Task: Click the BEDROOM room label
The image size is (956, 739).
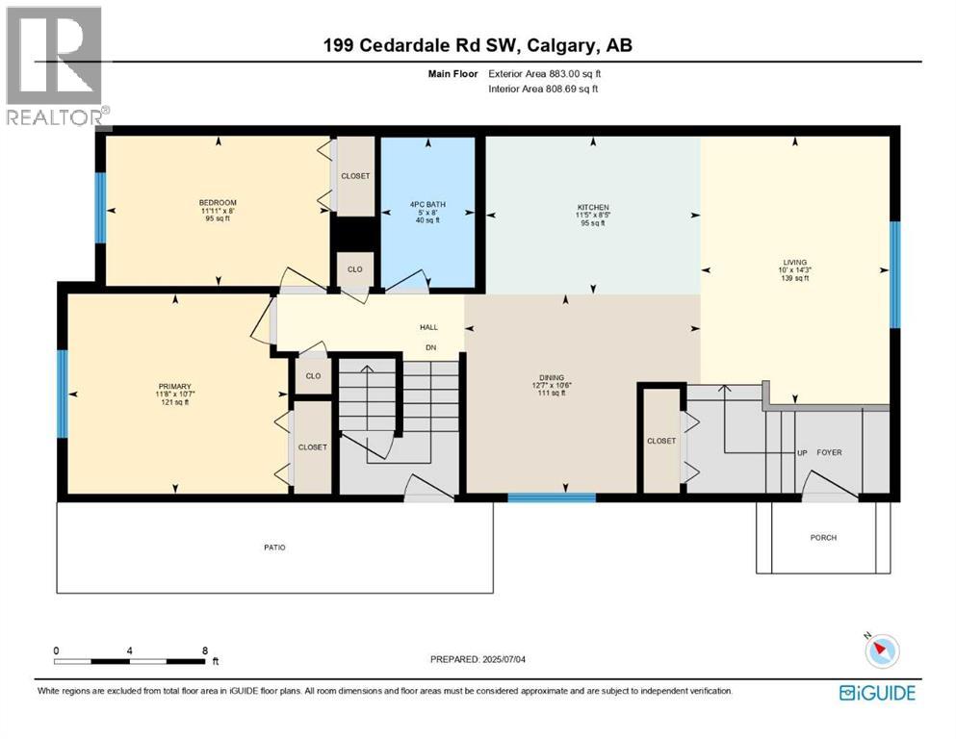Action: pyautogui.click(x=218, y=202)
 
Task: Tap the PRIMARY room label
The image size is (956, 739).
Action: pyautogui.click(x=174, y=386)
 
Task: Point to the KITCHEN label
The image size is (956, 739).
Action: pyautogui.click(x=592, y=207)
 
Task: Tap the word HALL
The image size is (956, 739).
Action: pyautogui.click(x=428, y=327)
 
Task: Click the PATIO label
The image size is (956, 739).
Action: pyautogui.click(x=275, y=548)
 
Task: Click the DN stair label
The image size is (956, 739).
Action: pyautogui.click(x=432, y=347)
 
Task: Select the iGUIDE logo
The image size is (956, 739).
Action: pyautogui.click(x=877, y=692)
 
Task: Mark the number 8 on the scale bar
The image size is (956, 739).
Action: pyautogui.click(x=203, y=650)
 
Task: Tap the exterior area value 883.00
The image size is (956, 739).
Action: pyautogui.click(x=562, y=73)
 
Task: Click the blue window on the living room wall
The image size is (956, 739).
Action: pyautogui.click(x=894, y=274)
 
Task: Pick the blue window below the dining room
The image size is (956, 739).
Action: pyautogui.click(x=551, y=497)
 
